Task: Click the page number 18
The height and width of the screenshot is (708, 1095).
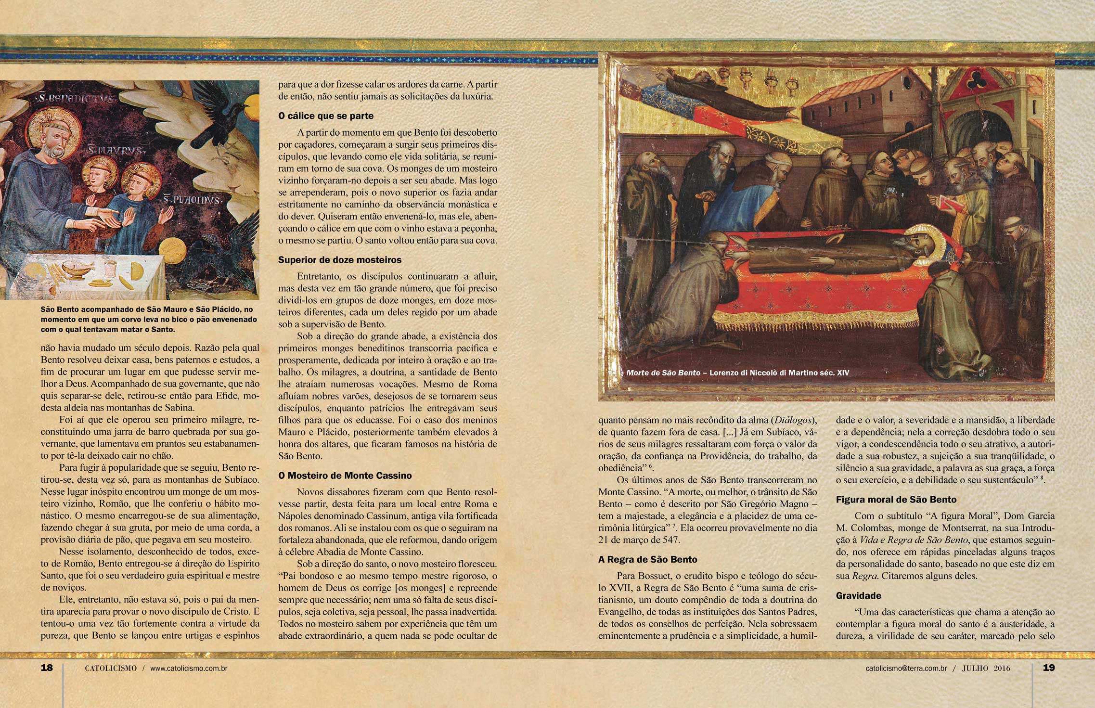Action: [47, 668]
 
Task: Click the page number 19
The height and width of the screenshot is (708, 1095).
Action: [1048, 668]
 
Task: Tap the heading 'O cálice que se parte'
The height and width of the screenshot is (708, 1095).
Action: [326, 116]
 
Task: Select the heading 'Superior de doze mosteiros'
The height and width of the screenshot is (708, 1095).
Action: [340, 260]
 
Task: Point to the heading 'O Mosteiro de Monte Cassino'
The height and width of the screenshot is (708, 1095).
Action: [345, 476]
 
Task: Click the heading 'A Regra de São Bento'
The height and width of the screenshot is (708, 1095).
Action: [648, 559]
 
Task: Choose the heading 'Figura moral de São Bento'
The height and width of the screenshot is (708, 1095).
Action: [896, 500]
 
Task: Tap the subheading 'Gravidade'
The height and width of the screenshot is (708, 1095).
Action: [859, 595]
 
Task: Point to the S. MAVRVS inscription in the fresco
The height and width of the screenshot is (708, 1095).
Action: [115, 151]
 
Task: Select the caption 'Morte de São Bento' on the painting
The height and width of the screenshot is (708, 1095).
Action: [663, 373]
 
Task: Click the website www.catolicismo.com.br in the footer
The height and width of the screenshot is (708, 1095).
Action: [189, 668]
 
